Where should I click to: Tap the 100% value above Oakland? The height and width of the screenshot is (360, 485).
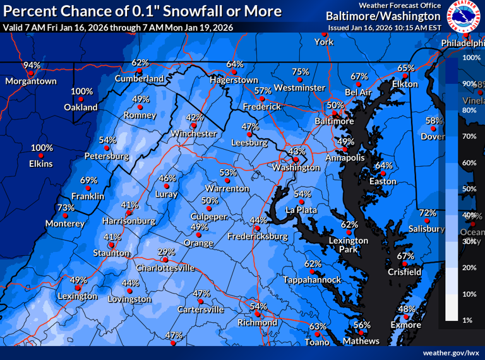point(81,92)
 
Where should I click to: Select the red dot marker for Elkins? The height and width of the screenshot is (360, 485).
point(41,156)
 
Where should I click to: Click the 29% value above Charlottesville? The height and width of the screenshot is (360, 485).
point(165,251)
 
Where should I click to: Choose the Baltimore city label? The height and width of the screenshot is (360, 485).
point(334,121)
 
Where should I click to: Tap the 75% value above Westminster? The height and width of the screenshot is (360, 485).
point(300,72)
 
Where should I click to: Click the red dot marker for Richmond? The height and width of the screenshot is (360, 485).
point(257,315)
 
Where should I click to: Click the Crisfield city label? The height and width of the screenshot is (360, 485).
point(405,272)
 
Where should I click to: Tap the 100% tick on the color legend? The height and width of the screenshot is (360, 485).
point(472,57)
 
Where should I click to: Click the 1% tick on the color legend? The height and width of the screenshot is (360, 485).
point(467,321)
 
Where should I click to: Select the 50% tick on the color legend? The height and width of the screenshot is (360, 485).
point(469,189)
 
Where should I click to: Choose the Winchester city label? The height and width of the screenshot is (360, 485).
point(194,134)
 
